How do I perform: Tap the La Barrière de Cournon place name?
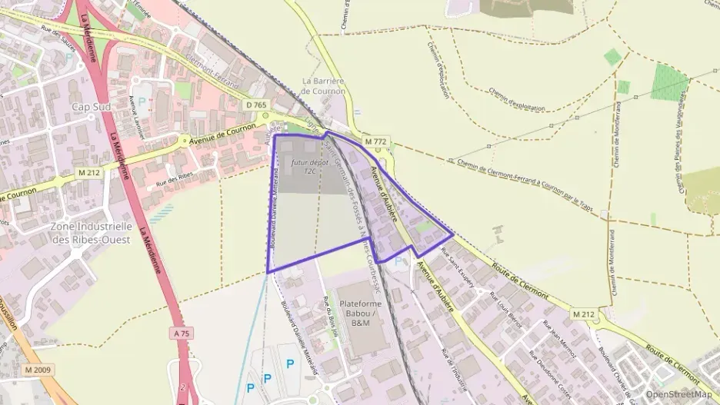pyautogui.click(x=323, y=85)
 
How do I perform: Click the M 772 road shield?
pyautogui.click(x=376, y=142)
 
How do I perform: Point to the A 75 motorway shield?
pyautogui.click(x=181, y=334)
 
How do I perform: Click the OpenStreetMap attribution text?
pyautogui.click(x=679, y=394)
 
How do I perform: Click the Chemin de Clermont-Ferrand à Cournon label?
pyautogui.click(x=531, y=178)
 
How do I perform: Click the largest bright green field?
pyautogui.click(x=669, y=82)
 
